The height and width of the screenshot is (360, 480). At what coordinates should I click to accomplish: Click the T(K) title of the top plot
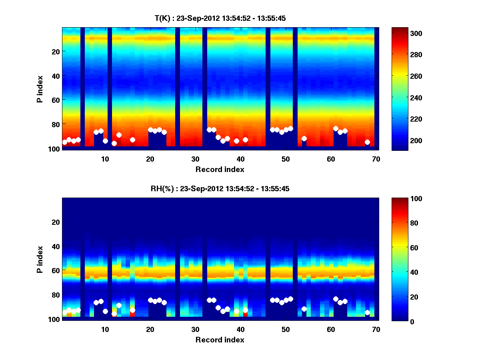click(x=220, y=18)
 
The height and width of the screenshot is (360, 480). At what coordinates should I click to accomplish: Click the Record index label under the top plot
click(x=220, y=169)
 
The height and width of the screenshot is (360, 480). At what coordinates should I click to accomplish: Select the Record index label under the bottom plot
click(x=220, y=340)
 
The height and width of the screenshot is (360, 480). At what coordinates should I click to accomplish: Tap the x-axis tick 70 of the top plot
click(x=376, y=159)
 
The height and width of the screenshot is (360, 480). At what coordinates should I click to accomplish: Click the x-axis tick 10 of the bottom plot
click(x=105, y=329)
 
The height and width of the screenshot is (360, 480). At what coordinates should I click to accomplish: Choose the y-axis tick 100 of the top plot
click(x=55, y=149)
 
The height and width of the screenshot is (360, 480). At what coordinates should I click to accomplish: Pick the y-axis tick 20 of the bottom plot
click(x=56, y=222)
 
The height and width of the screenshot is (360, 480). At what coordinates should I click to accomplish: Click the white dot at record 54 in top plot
click(x=304, y=138)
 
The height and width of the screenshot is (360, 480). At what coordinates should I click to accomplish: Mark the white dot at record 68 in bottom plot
click(x=367, y=312)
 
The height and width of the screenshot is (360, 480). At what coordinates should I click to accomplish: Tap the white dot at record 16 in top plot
click(x=132, y=140)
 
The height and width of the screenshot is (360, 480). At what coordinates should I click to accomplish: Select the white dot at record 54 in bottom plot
click(x=304, y=309)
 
